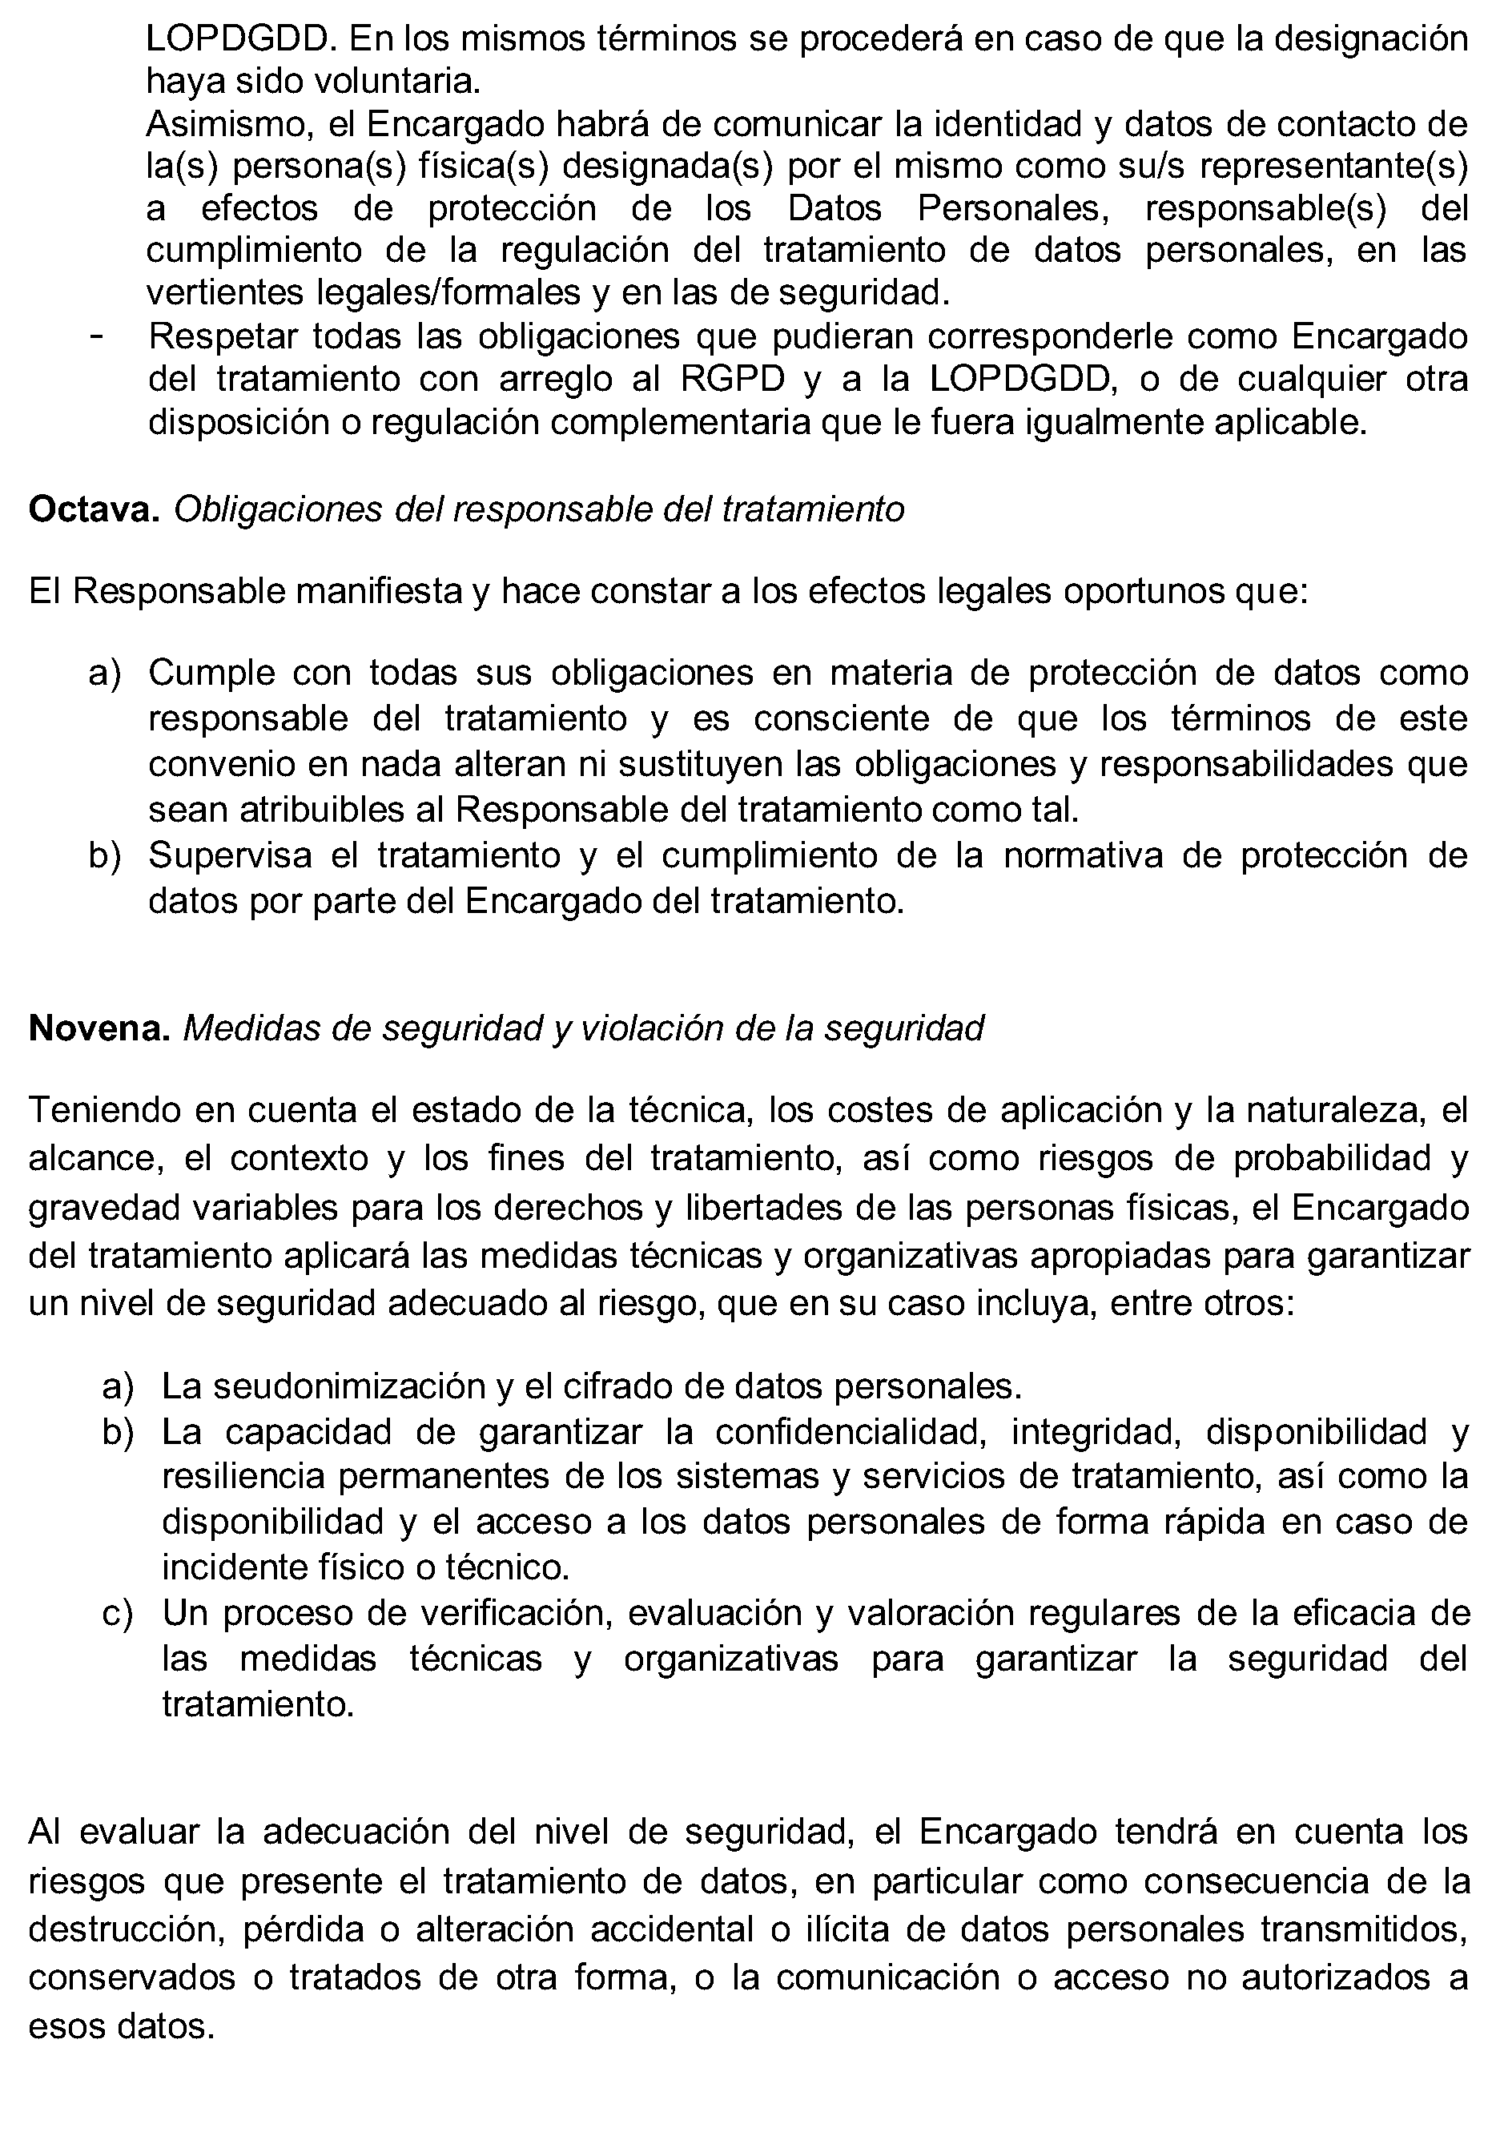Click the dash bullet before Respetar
coord(95,336)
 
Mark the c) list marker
coord(118,1613)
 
